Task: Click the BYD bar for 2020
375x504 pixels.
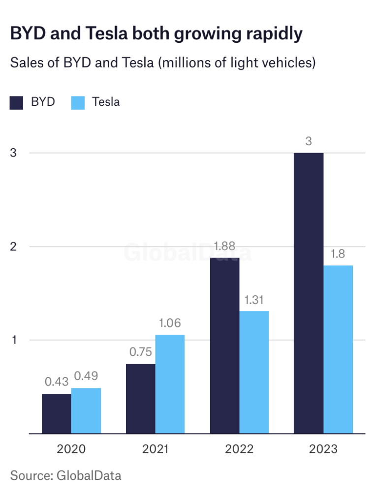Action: [56, 413]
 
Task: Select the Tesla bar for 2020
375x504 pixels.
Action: [86, 410]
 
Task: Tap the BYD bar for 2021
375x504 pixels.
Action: [140, 399]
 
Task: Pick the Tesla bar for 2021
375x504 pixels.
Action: [170, 384]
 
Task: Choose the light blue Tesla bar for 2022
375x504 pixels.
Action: [254, 372]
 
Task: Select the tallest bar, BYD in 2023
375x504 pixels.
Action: [309, 293]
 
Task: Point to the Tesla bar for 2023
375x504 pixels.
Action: [338, 349]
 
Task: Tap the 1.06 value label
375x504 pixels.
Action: [170, 323]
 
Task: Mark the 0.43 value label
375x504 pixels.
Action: [56, 382]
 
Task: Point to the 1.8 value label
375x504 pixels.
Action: [338, 254]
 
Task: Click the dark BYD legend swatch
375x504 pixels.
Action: [17, 102]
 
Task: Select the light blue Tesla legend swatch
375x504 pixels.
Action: [78, 102]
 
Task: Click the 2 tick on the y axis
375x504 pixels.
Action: [13, 246]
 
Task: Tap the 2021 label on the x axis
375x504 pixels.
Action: [155, 449]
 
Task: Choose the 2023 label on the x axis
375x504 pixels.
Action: [323, 449]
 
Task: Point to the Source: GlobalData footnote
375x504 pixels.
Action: [65, 475]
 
